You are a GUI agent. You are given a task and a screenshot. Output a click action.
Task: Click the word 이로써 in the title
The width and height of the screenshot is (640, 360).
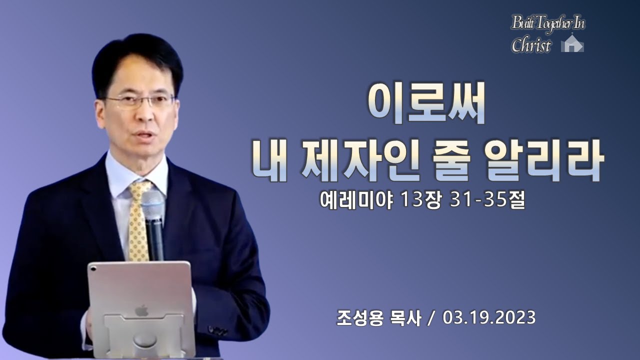click(x=425, y=103)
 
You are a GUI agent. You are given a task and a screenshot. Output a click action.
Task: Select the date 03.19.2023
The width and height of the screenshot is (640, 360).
click(x=489, y=317)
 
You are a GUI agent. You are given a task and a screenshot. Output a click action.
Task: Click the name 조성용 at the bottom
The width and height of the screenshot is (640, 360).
click(x=360, y=318)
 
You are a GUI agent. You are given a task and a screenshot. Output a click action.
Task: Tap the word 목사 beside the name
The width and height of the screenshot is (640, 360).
click(x=405, y=318)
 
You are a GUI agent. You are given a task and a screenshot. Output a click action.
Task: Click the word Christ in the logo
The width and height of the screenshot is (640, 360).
click(x=531, y=45)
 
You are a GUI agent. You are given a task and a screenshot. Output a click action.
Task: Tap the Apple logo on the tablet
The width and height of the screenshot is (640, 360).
click(x=141, y=310)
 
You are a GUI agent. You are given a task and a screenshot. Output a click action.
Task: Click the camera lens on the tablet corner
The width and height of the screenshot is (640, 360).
click(x=93, y=268)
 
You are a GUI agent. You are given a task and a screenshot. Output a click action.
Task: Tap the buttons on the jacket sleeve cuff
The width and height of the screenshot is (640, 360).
click(x=218, y=330)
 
